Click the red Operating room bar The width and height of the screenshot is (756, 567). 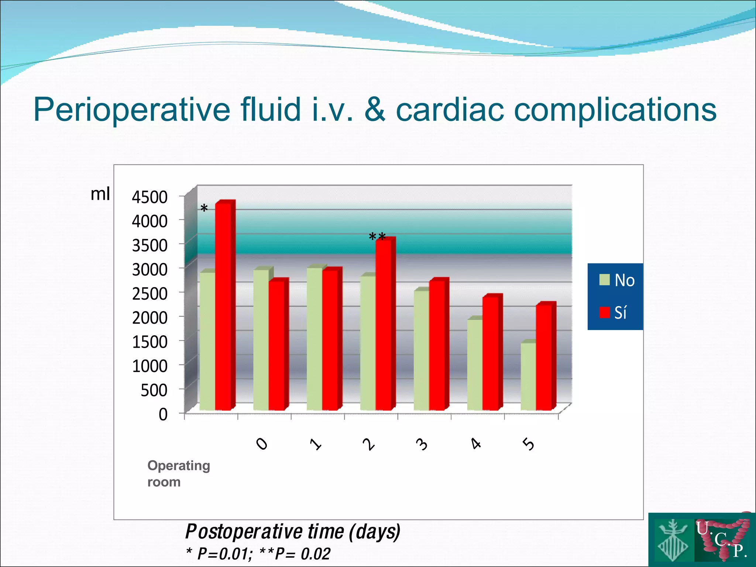pos(223,306)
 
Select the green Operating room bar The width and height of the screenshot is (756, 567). pos(207,341)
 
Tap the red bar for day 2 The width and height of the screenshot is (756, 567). pos(384,325)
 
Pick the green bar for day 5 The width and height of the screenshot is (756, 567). pos(528,377)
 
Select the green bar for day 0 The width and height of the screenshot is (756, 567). pos(261,340)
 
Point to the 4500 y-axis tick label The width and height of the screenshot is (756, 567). pos(150,197)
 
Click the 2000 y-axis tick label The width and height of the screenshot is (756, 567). pos(150,318)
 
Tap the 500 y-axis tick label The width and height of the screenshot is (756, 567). pos(154,390)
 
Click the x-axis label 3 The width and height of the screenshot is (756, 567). pos(422,444)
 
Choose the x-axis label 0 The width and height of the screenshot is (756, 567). pos(262,444)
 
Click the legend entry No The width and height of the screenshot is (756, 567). pos(624,281)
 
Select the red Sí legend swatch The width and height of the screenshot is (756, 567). pos(604,313)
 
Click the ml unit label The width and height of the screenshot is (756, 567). pos(100,193)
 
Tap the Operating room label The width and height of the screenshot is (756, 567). pos(178,474)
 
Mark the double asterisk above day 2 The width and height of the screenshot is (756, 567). pos(377,237)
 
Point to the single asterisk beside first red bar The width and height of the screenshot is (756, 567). pos(204,209)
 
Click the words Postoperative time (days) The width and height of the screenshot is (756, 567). pos(292,532)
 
